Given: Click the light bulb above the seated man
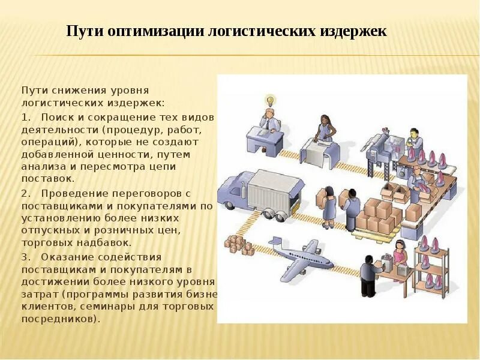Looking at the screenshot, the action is coord(270,99).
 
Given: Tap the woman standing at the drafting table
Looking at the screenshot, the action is coord(325,128).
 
